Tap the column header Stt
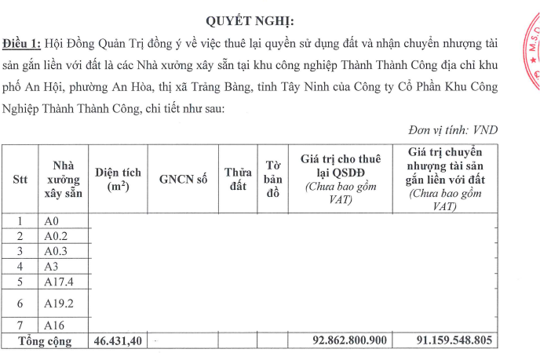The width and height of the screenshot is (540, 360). point(20,179)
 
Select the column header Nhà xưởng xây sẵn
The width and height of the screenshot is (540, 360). point(63,179)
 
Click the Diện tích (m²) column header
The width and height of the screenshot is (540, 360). point(118,179)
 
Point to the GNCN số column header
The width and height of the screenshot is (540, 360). point(183,179)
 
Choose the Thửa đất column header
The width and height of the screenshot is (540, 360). point(237,179)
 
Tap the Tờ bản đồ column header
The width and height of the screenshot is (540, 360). point(273,179)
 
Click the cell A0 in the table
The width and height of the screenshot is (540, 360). point(52,221)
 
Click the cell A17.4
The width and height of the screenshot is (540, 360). point(59,281)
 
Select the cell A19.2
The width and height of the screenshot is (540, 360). point(59,302)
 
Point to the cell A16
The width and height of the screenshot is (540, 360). point(54,325)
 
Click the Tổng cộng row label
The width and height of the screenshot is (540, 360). point(46,341)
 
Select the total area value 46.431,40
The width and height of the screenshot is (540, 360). point(118,341)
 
